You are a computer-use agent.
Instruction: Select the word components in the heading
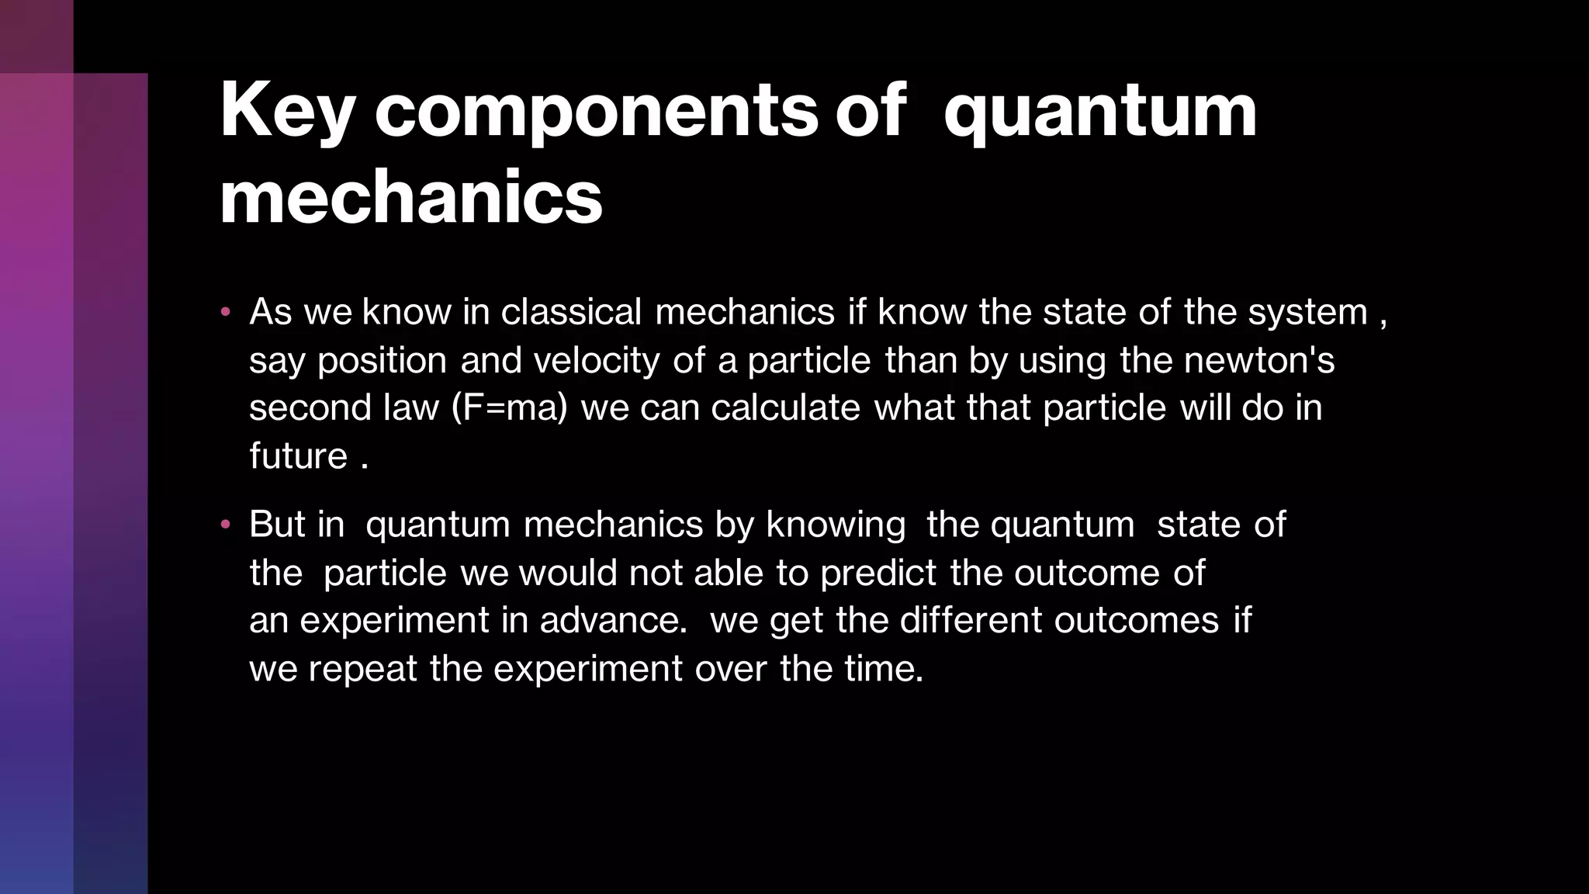pyautogui.click(x=596, y=113)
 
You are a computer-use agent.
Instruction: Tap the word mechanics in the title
pyautogui.click(x=410, y=199)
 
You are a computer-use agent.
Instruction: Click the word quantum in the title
pyautogui.click(x=1099, y=113)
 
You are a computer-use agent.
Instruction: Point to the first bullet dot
pyautogui.click(x=226, y=313)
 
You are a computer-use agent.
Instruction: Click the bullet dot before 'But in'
pyautogui.click(x=226, y=525)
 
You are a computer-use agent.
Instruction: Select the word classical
pyautogui.click(x=571, y=312)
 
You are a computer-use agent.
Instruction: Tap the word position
pyautogui.click(x=382, y=361)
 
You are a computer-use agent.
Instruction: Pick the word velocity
pyautogui.click(x=596, y=361)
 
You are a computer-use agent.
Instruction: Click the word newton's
pyautogui.click(x=1259, y=361)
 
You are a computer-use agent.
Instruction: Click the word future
pyautogui.click(x=298, y=456)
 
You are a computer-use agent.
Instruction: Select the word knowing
pyautogui.click(x=836, y=525)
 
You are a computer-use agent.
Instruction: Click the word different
pyautogui.click(x=971, y=621)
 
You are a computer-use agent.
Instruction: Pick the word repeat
pyautogui.click(x=363, y=669)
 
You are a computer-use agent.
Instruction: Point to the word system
pyautogui.click(x=1307, y=313)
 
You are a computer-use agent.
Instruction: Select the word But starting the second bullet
pyautogui.click(x=277, y=525)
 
